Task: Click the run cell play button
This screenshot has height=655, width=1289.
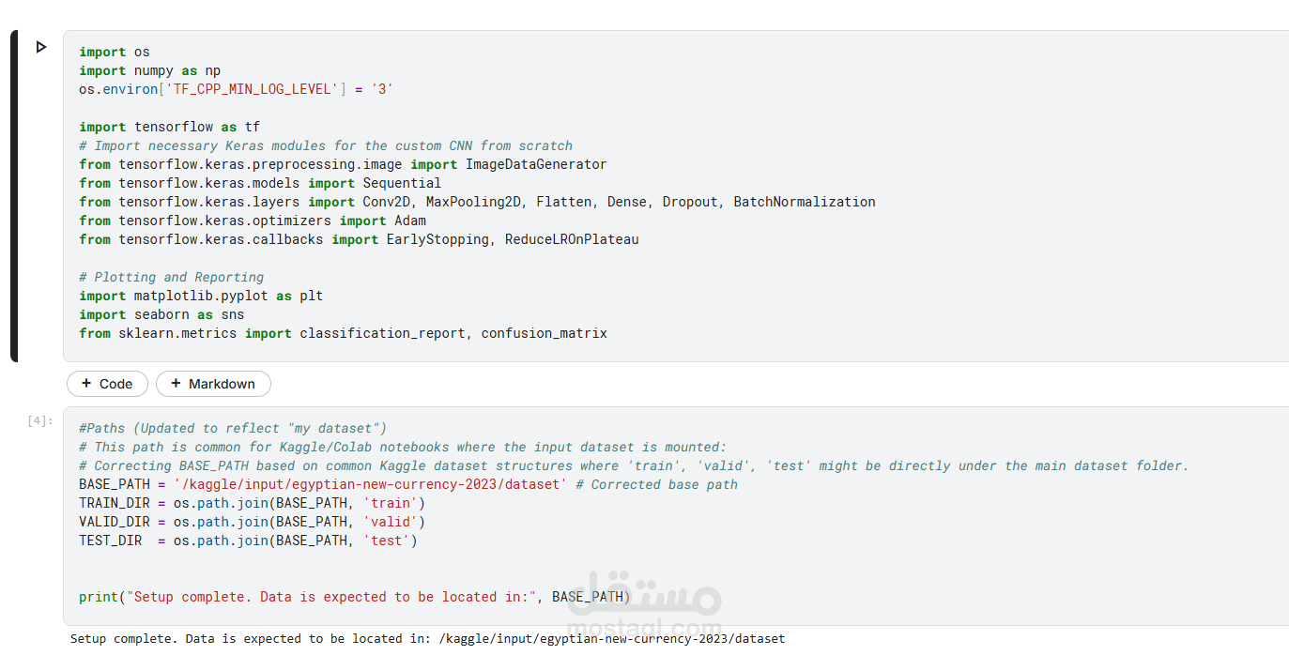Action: [41, 47]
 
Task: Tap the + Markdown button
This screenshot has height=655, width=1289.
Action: [213, 384]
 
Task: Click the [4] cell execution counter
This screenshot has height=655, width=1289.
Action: [40, 421]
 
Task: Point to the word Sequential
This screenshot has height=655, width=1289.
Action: [402, 183]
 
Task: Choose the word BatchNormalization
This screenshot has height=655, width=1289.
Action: [805, 202]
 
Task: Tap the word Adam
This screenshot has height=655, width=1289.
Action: [410, 221]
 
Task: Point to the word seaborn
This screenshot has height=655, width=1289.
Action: [161, 314]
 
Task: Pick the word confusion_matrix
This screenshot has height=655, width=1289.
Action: [545, 333]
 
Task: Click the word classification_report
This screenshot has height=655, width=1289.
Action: [382, 333]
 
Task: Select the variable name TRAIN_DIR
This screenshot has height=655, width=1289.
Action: [111, 503]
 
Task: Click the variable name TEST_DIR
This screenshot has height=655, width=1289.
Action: [111, 541]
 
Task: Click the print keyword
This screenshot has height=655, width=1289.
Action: [99, 597]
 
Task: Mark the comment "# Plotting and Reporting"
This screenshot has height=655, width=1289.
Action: [172, 277]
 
